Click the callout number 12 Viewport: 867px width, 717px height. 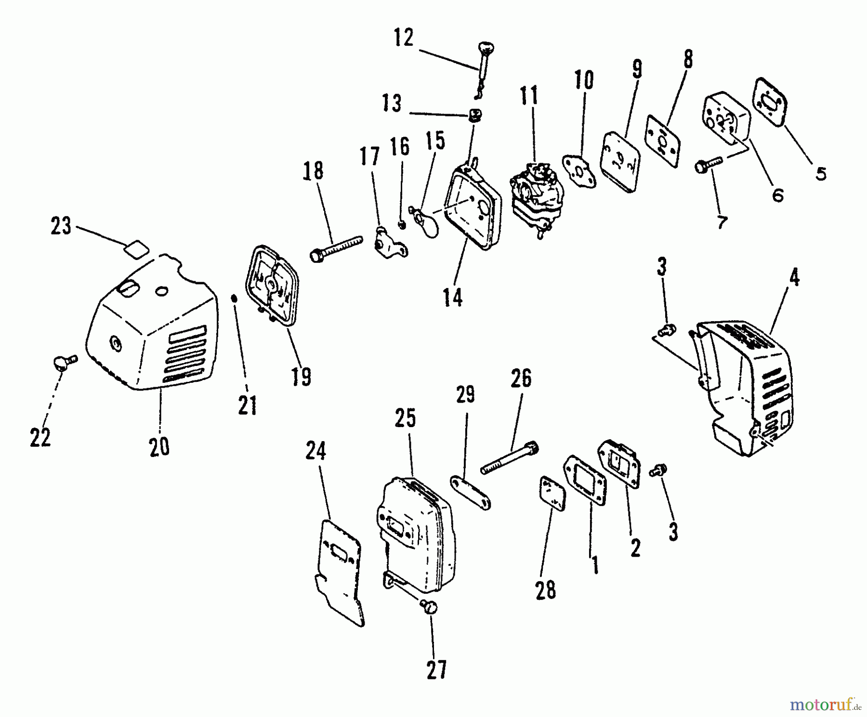(403, 38)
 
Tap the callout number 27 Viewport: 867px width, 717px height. (436, 669)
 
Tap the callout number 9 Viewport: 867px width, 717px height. (636, 70)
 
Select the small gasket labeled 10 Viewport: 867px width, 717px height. (579, 170)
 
